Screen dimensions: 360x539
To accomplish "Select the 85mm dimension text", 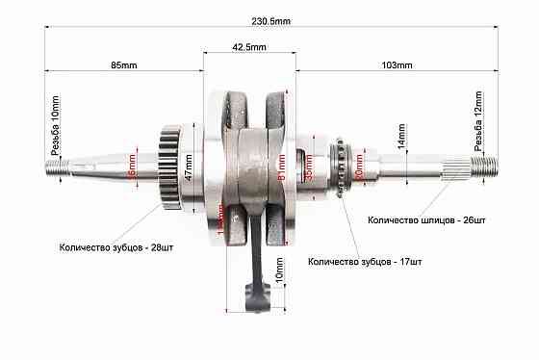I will coord(123,65).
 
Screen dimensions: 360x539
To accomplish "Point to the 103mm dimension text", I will coord(397,65).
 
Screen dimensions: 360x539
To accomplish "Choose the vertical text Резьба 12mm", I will coord(475,122).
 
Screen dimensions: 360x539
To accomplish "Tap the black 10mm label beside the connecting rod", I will coord(279,273).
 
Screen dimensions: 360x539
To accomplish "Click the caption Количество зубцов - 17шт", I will coord(367,261).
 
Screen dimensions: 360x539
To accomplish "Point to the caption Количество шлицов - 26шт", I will coord(427,219).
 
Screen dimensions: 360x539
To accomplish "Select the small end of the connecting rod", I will coord(256,302).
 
